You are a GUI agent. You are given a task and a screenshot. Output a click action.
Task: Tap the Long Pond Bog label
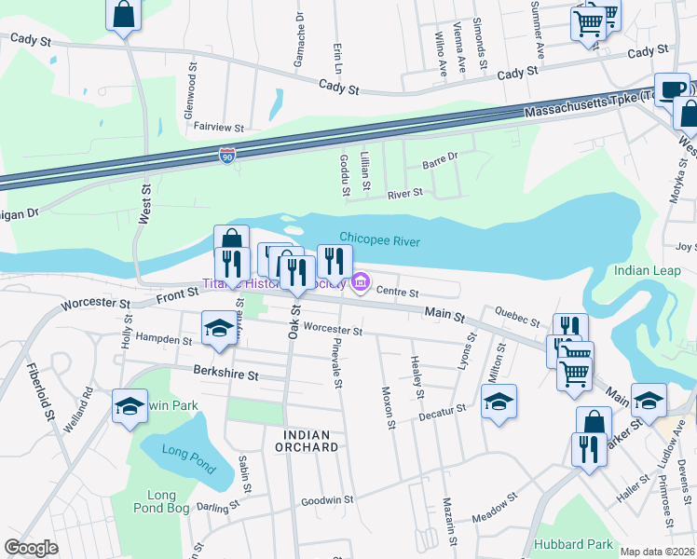[168, 501]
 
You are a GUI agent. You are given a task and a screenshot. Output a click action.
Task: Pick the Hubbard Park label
[573, 544]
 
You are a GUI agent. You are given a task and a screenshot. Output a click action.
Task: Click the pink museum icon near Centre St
[360, 282]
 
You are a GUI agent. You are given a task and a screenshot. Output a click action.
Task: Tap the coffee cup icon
[671, 89]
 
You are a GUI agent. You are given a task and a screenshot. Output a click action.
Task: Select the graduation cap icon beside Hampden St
[219, 328]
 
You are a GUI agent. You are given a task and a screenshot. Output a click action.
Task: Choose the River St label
[405, 193]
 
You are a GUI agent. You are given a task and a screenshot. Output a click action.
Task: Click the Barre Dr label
[441, 159]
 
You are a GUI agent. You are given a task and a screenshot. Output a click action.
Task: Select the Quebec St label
[517, 317]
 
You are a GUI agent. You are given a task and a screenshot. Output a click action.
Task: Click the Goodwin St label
[326, 500]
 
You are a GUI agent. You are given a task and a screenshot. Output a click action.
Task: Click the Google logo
[31, 548]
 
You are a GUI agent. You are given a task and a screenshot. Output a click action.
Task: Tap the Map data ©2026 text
[657, 552]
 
